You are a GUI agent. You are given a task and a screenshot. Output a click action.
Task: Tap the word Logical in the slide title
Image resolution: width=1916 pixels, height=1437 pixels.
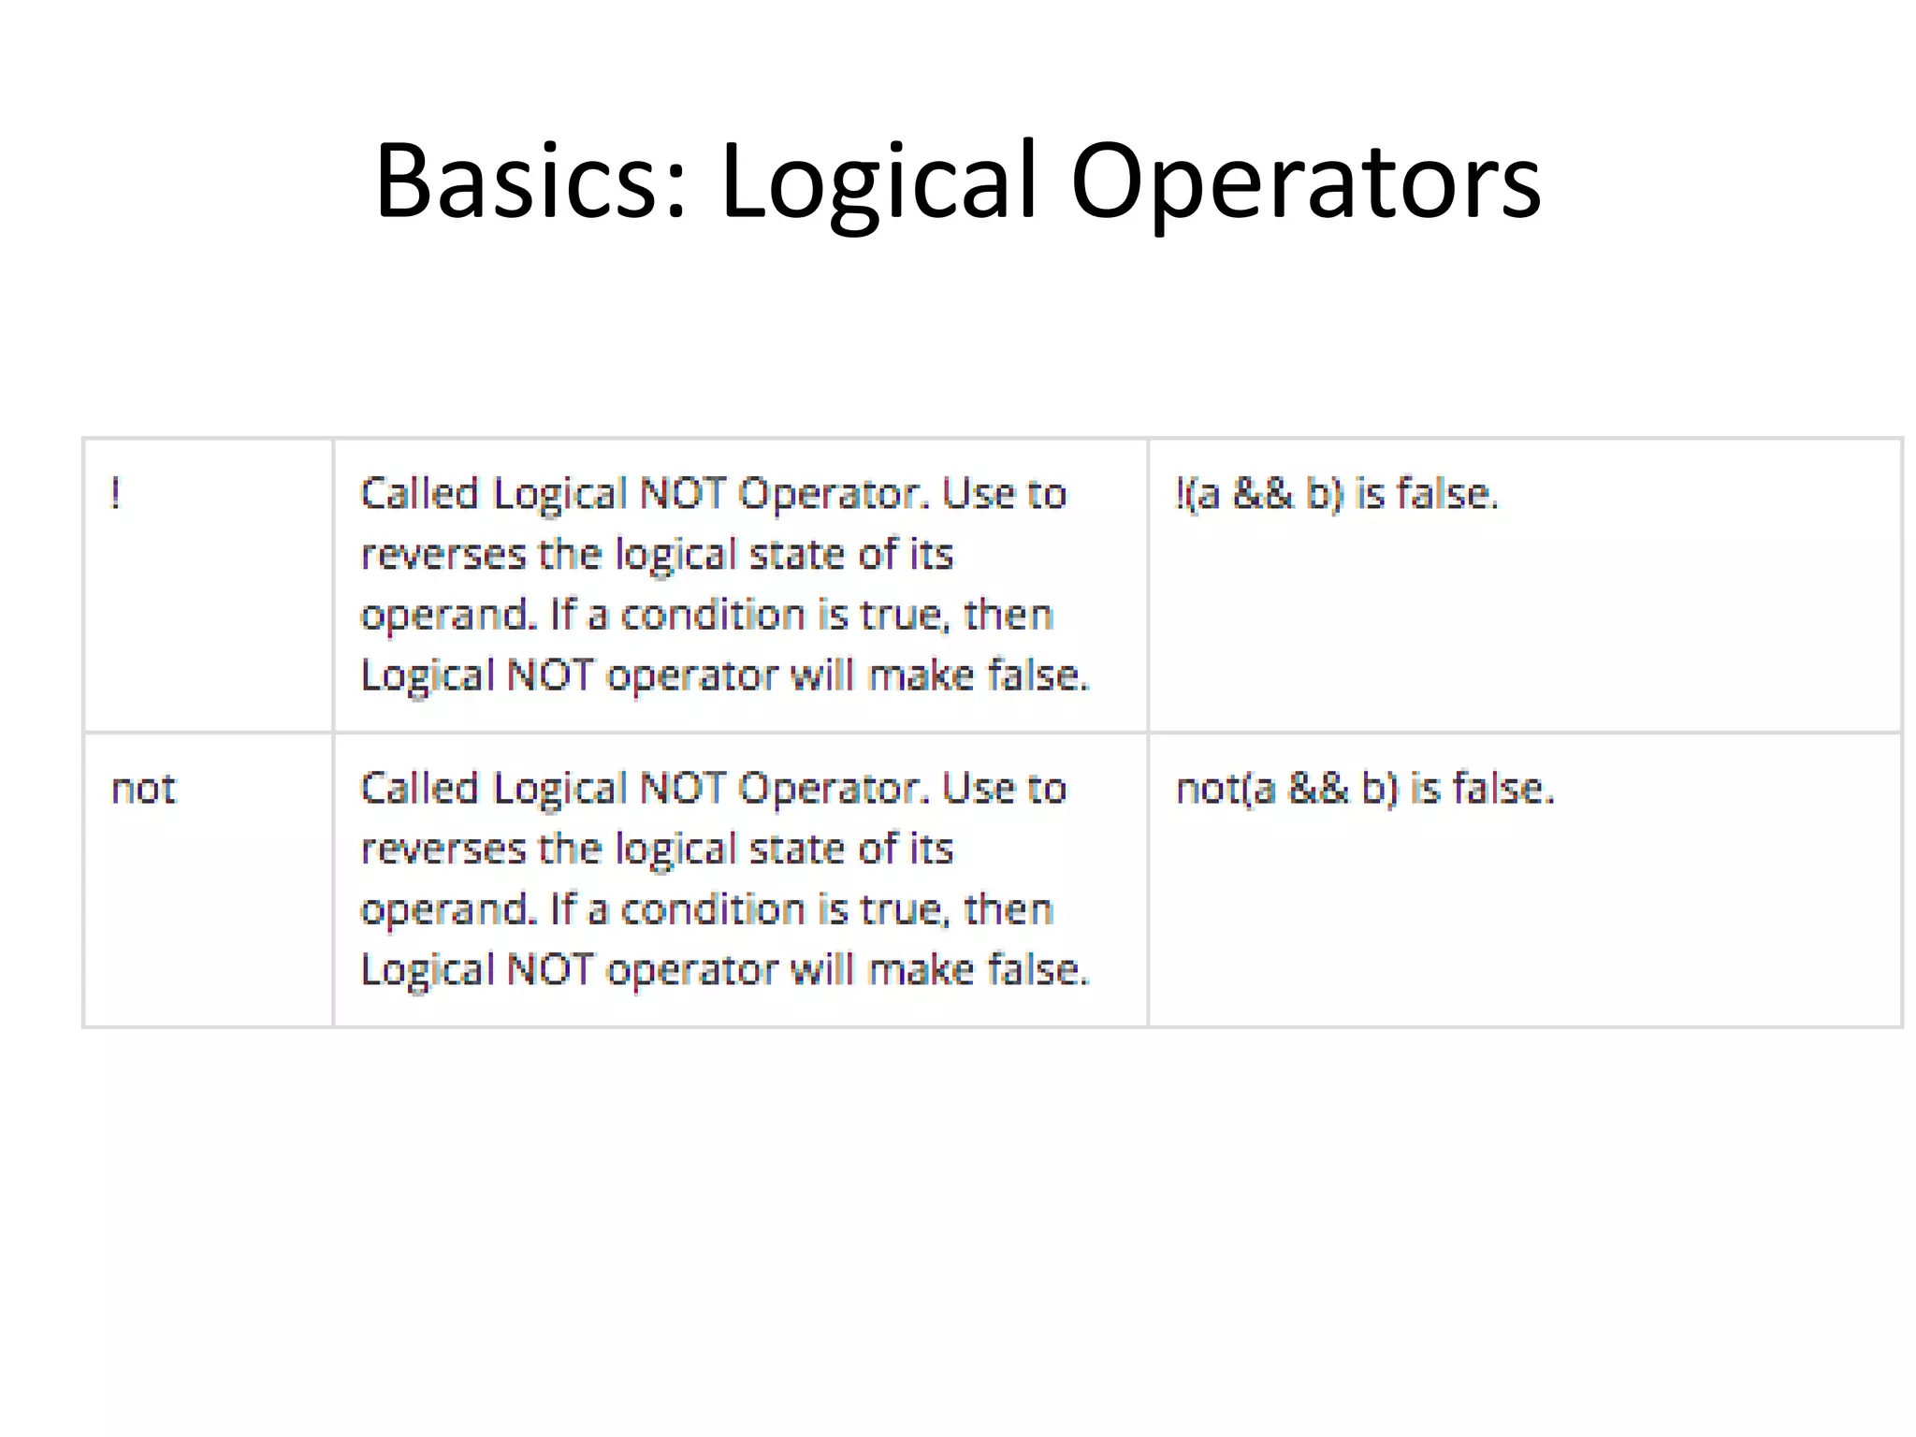(x=878, y=180)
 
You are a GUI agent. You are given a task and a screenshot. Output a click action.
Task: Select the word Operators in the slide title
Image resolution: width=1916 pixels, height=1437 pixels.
(x=1305, y=180)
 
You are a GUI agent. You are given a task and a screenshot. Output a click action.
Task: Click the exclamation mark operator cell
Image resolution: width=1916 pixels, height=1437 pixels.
(x=115, y=493)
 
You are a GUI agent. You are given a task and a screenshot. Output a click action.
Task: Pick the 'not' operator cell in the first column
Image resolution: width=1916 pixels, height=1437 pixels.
(x=143, y=789)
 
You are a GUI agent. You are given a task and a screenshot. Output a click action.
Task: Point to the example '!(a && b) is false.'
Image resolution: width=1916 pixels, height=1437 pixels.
(x=1336, y=493)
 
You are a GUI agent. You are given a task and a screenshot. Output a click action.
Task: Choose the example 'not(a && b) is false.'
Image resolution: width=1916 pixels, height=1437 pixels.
(x=1364, y=789)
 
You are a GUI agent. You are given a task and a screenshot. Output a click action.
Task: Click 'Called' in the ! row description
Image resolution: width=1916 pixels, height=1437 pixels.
(x=419, y=493)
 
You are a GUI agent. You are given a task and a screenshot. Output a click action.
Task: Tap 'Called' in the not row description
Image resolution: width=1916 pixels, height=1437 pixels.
(x=419, y=789)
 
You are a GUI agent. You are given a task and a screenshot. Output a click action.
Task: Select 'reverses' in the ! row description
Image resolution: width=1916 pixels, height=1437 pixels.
(x=443, y=555)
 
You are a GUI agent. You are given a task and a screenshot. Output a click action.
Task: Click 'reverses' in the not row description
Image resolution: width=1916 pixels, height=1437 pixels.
(x=443, y=849)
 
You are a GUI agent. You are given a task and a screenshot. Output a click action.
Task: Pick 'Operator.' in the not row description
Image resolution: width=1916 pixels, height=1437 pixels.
(x=834, y=789)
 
